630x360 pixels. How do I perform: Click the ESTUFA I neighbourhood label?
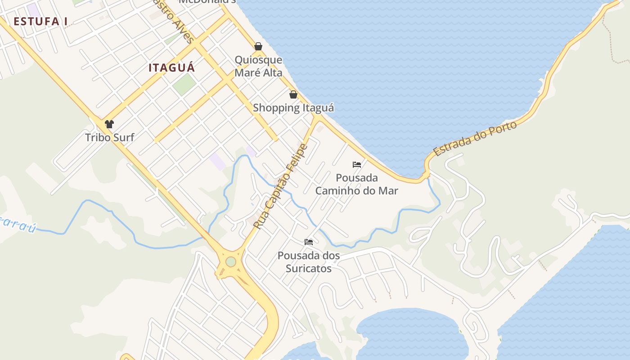[40, 21]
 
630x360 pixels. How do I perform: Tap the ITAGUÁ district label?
[171, 68]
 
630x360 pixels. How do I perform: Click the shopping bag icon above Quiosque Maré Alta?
[258, 46]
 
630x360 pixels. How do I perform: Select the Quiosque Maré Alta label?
[258, 66]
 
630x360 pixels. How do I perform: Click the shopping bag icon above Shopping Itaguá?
[293, 94]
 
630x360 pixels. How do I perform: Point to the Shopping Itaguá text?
[293, 108]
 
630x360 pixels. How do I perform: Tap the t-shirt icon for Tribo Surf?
[109, 124]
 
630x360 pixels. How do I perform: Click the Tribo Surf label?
[109, 137]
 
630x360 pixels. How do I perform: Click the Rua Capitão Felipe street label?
[280, 186]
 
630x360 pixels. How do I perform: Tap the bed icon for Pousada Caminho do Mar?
[357, 165]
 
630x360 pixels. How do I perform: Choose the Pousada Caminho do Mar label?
[356, 184]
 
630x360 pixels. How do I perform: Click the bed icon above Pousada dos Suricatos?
[309, 242]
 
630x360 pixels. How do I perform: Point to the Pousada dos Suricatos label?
[309, 262]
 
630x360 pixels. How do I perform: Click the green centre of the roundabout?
[231, 261]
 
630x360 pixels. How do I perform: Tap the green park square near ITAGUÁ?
[184, 84]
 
